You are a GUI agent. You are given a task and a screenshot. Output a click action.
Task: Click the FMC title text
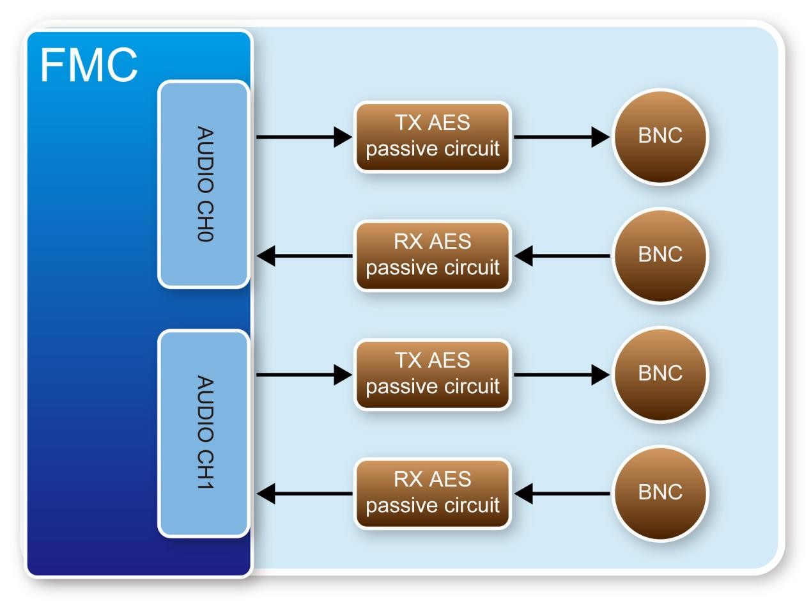tap(89, 65)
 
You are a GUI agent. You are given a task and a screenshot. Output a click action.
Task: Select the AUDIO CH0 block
tap(204, 184)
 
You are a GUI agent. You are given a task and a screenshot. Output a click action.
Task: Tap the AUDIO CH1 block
tap(204, 433)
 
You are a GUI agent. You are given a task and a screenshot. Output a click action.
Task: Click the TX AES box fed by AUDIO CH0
tap(433, 136)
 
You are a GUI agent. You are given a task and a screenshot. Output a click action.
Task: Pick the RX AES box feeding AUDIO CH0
tap(433, 256)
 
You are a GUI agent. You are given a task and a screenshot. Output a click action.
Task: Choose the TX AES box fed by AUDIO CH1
tap(433, 375)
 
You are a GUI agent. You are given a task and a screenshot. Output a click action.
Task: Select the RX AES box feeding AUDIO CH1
tap(433, 494)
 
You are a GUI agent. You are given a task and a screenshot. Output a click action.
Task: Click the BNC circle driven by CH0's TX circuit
tap(660, 136)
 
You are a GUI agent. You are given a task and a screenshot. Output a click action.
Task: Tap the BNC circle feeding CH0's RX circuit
tap(660, 255)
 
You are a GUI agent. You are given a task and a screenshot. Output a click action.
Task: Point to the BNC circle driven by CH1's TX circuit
tap(660, 374)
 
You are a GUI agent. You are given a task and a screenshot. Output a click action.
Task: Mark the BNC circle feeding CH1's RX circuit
tap(660, 493)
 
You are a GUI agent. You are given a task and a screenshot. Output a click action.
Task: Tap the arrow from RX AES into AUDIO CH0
tap(304, 256)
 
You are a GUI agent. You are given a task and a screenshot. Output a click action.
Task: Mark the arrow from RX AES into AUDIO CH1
tap(304, 494)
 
